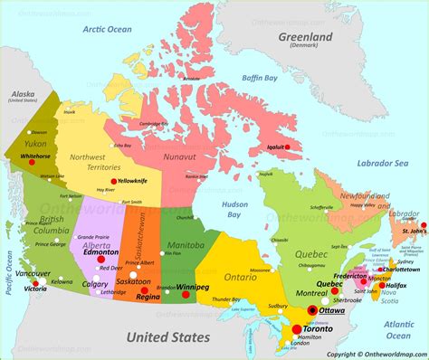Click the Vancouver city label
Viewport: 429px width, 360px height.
click(33, 272)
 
